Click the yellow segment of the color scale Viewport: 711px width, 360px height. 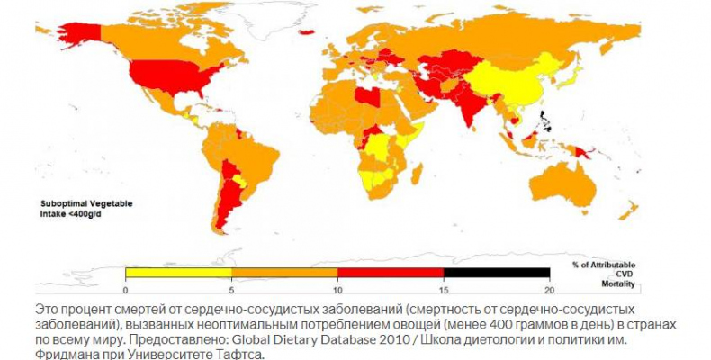[178, 272]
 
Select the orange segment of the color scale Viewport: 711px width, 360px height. [284, 272]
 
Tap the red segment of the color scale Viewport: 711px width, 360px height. [391, 272]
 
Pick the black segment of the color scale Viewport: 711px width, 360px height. [497, 272]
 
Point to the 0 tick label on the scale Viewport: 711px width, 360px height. [126, 290]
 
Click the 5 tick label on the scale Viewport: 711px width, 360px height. [232, 290]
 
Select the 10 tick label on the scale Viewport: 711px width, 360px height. [337, 290]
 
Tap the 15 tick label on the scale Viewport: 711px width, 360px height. [444, 290]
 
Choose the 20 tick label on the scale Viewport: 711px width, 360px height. [549, 290]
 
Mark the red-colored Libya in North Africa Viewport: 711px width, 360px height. [366, 94]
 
